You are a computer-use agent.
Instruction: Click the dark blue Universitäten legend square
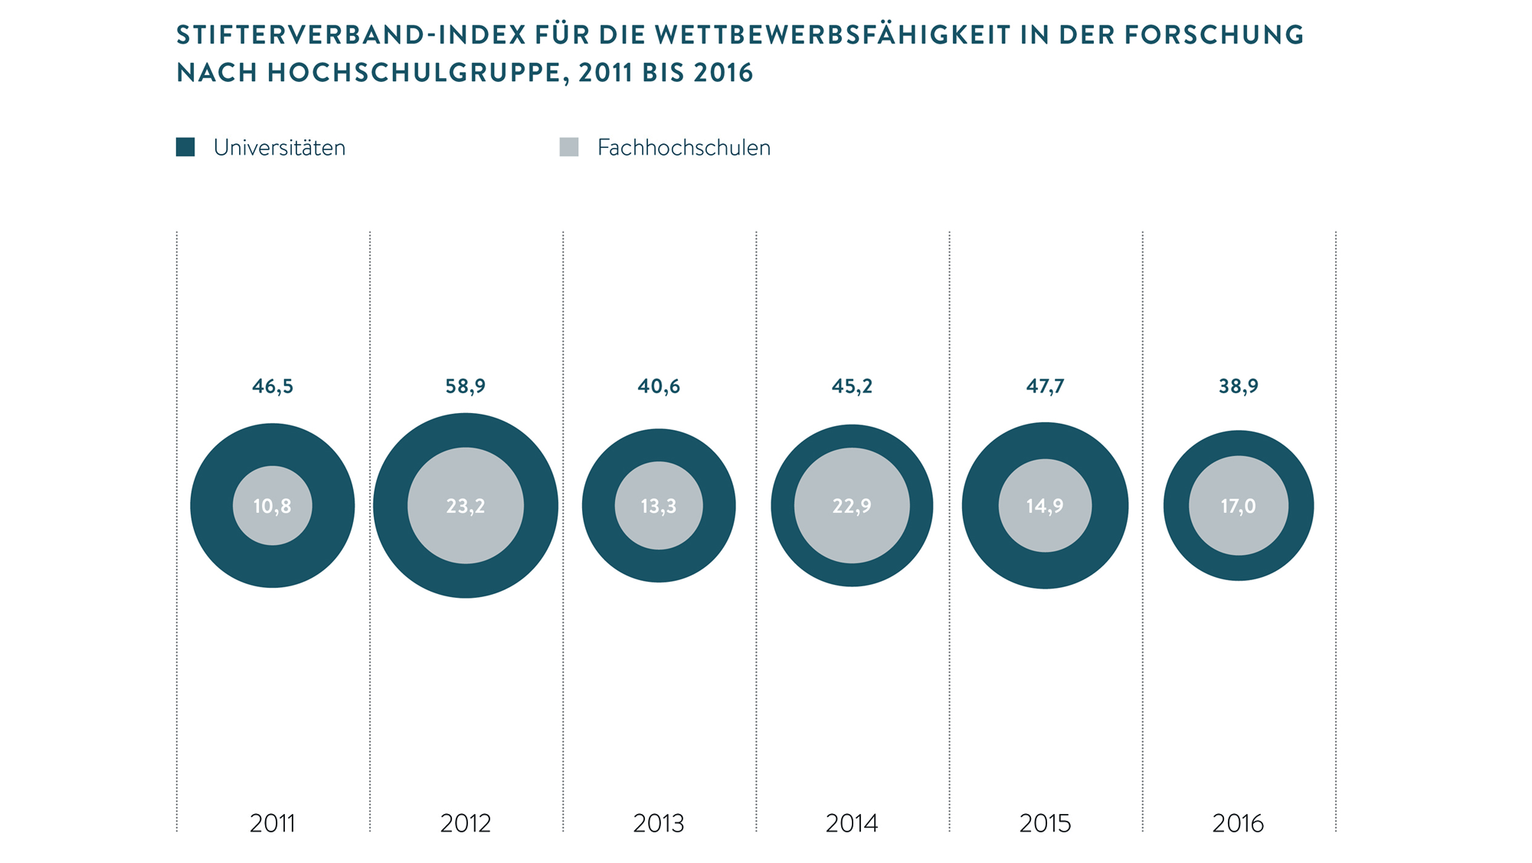185,147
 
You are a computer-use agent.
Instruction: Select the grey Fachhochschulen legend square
569,147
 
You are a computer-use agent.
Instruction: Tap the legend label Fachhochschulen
683,147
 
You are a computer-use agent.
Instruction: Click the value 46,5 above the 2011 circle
273,386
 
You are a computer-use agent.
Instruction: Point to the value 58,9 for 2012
466,386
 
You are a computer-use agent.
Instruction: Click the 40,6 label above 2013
659,386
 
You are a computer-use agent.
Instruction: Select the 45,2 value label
852,386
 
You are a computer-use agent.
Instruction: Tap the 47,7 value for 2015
1045,386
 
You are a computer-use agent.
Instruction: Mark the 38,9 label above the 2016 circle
1239,386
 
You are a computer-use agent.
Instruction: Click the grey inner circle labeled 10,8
273,529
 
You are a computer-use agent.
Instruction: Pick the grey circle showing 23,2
466,537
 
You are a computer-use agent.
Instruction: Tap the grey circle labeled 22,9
852,537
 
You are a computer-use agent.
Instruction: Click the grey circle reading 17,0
1239,532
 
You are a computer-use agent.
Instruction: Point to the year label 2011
273,823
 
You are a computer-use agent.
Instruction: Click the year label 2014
852,823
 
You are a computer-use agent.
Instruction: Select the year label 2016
1239,823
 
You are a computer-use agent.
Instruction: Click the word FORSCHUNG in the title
1214,35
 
